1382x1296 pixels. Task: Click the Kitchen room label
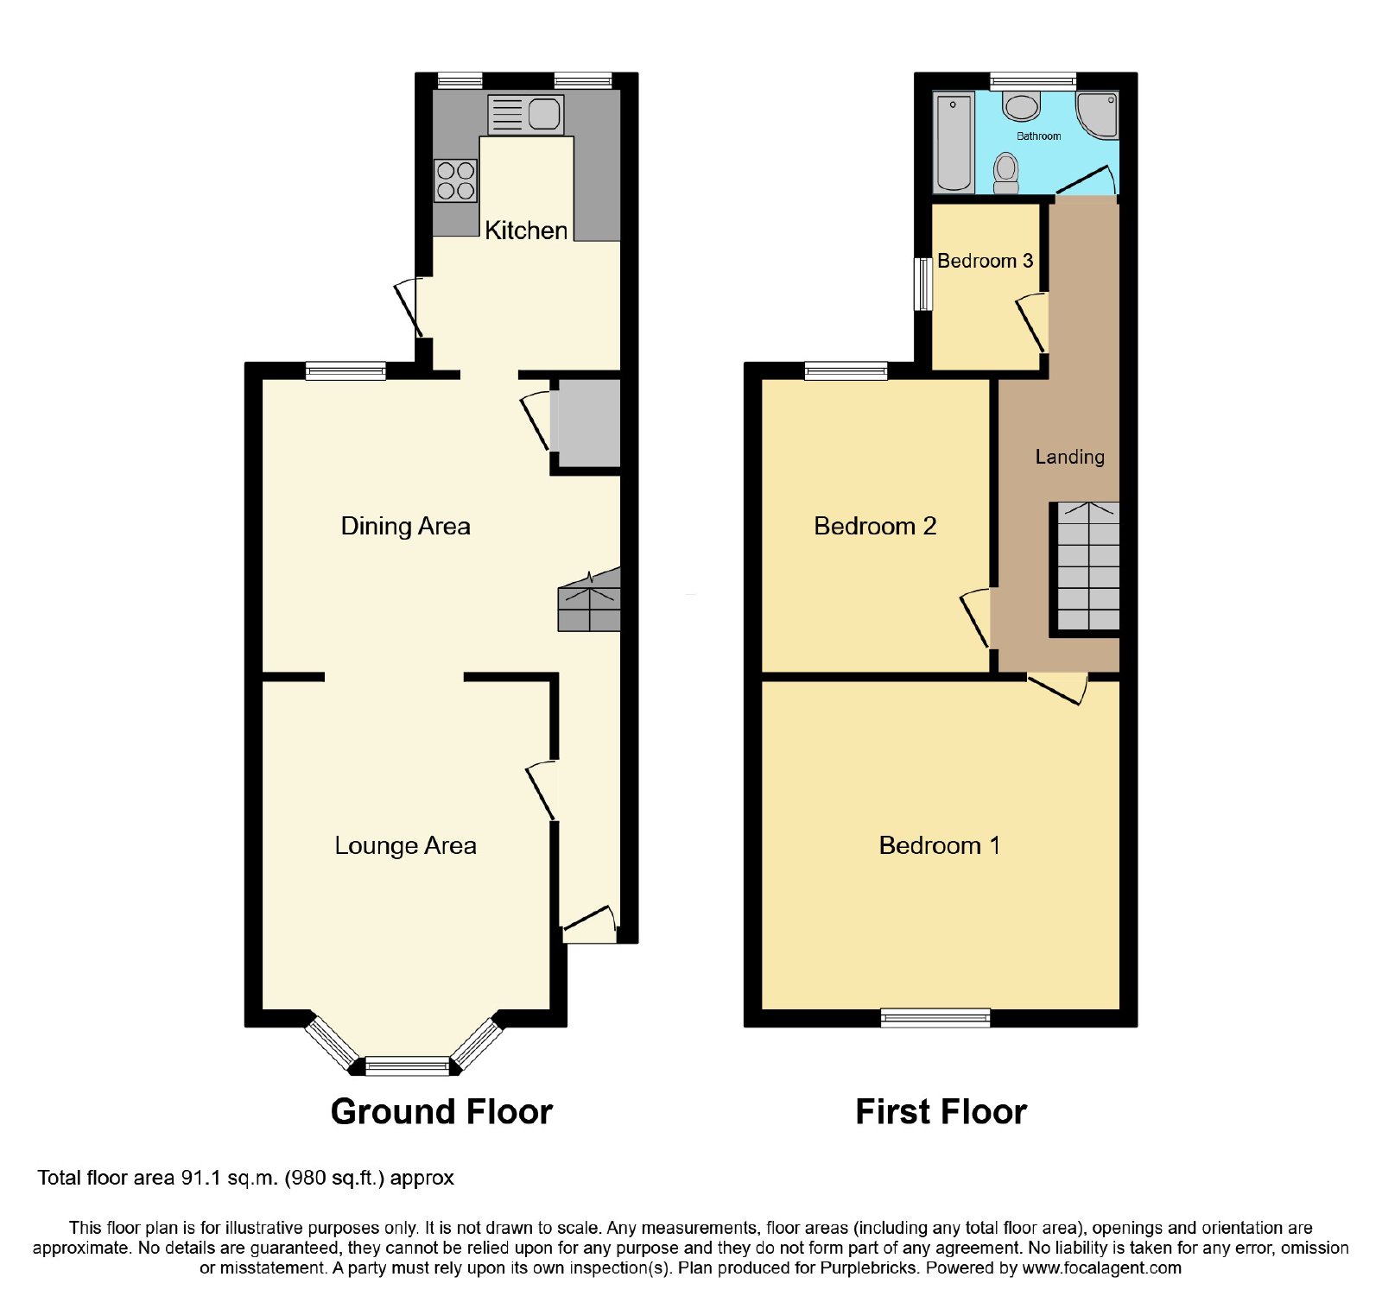point(526,231)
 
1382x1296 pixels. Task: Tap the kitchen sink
point(526,115)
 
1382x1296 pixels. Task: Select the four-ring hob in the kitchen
point(455,180)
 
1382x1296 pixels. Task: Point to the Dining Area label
point(405,526)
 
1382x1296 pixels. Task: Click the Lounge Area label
point(405,846)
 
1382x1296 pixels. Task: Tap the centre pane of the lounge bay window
point(408,1066)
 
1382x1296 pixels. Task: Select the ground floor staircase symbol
point(589,600)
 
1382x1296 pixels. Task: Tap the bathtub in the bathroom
point(954,142)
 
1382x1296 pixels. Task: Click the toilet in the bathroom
point(1006,174)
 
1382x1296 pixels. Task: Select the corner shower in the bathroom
point(1097,116)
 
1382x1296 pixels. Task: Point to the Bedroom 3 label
point(985,261)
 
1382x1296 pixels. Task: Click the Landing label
point(1069,457)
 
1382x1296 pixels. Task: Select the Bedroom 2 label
point(875,526)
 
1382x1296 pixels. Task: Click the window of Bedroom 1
point(935,1018)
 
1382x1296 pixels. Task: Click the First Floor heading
point(941,1112)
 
